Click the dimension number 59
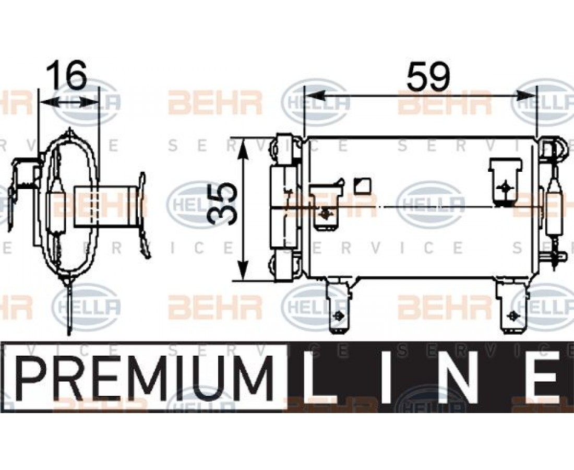[427, 77]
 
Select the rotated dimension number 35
[222, 204]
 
